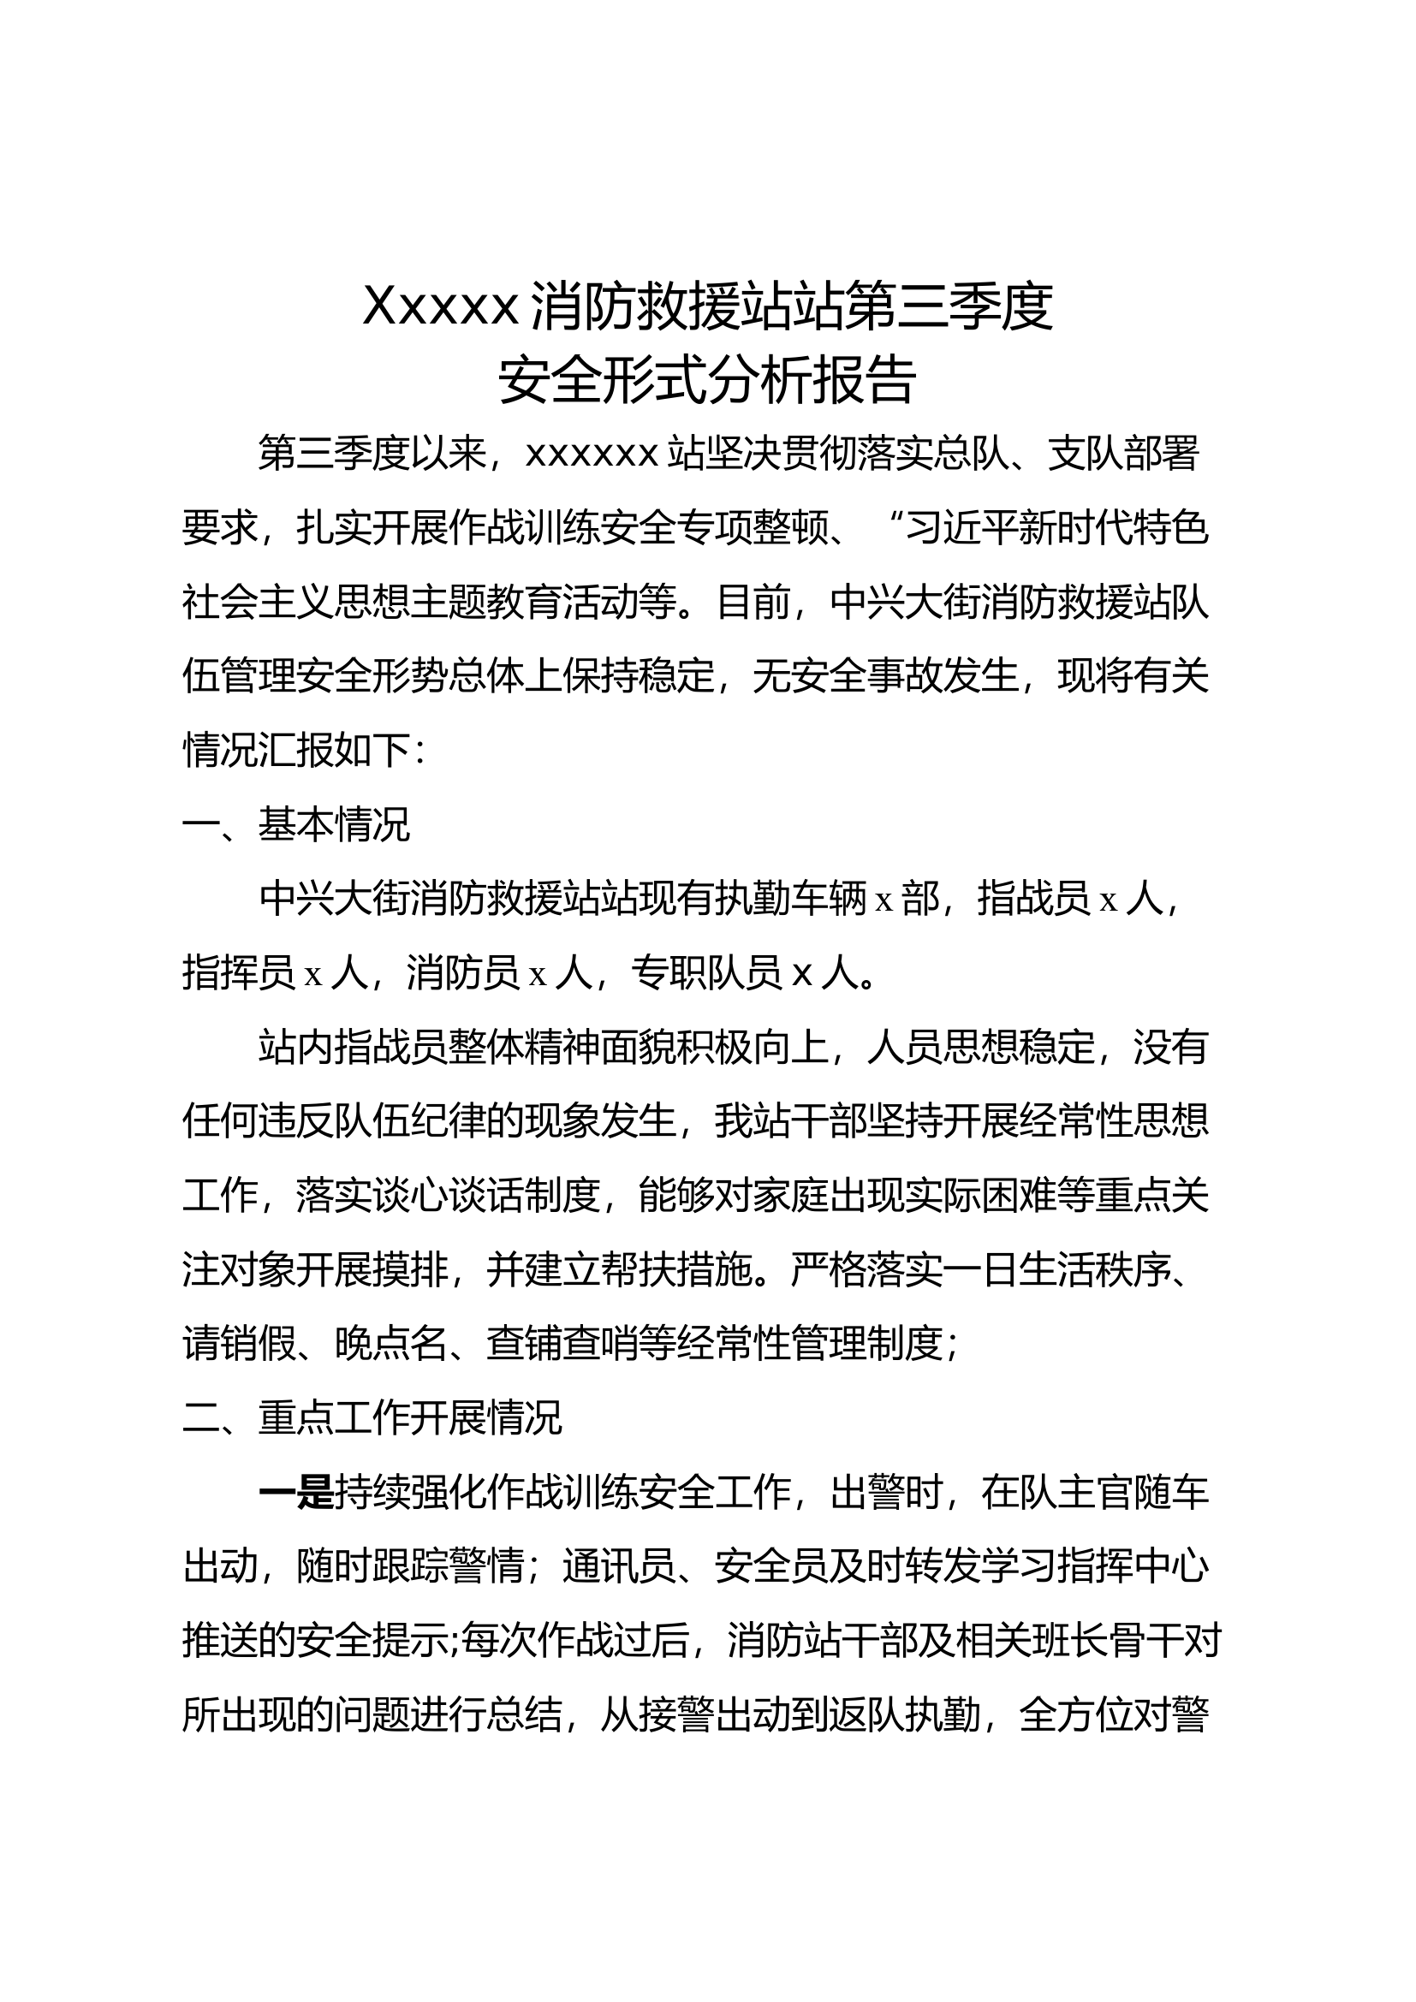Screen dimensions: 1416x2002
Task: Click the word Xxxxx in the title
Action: [x=440, y=306]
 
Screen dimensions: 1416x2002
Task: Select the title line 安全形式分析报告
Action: [x=707, y=379]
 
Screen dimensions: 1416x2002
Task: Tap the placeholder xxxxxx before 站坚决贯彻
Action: [x=592, y=454]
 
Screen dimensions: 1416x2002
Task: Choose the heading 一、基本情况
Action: [x=296, y=825]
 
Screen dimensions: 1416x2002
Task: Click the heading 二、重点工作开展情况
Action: [x=372, y=1418]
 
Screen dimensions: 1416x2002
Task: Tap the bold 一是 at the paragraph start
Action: [x=296, y=1494]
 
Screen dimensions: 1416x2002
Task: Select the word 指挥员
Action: [x=239, y=973]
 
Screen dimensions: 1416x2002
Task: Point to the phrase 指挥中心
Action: [x=1133, y=1568]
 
